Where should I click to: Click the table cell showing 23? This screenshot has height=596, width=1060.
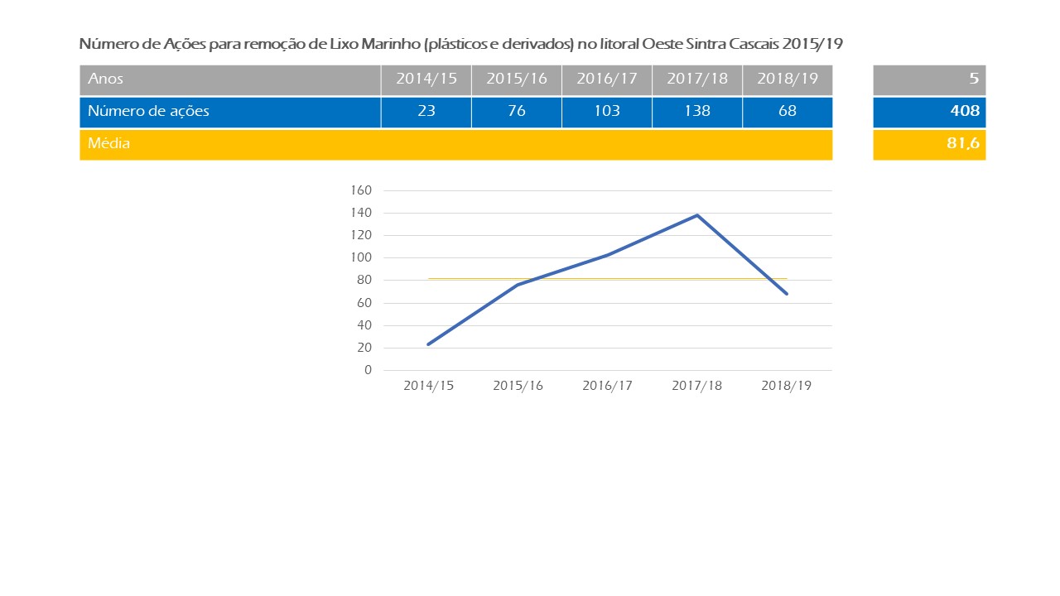(x=426, y=112)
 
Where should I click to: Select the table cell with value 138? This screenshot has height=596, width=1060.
(x=697, y=112)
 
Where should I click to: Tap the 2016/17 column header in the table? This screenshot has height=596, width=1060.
(x=607, y=79)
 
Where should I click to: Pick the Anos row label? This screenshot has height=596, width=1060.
(x=106, y=79)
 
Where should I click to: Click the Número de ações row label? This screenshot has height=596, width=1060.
(x=148, y=112)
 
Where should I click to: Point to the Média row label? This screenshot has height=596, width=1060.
(x=109, y=144)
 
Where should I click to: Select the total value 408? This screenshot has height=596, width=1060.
(x=965, y=112)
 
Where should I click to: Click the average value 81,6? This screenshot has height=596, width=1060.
(x=963, y=144)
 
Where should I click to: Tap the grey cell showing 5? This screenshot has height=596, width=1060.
(x=974, y=79)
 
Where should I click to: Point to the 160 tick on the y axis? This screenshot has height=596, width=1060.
(x=362, y=190)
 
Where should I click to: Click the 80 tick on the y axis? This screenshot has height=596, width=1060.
(x=364, y=281)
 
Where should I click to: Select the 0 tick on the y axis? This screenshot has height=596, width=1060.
(x=368, y=370)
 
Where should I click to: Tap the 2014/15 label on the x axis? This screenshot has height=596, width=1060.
(x=428, y=387)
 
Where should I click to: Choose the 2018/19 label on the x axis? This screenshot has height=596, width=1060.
(x=786, y=387)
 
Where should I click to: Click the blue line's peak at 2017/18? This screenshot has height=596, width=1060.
(x=697, y=215)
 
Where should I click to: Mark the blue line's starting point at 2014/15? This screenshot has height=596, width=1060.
(x=428, y=344)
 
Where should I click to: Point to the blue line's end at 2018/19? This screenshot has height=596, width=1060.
(x=787, y=294)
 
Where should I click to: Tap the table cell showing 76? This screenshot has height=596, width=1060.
(x=517, y=112)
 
